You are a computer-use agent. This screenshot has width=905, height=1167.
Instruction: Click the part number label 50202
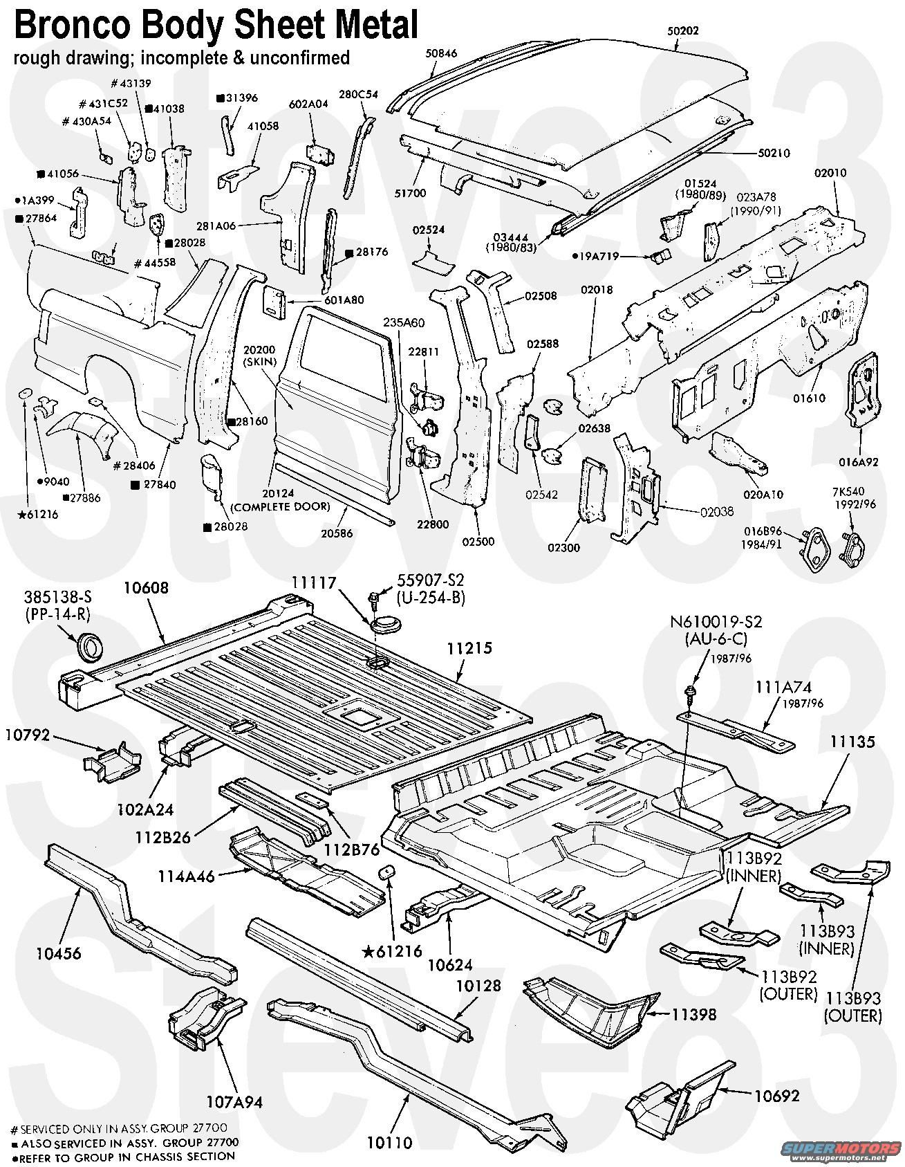click(683, 31)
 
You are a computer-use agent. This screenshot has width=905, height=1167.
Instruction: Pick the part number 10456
click(59, 953)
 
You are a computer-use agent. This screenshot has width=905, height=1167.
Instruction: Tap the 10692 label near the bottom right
click(776, 1096)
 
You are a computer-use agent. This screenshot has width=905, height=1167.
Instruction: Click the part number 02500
click(478, 542)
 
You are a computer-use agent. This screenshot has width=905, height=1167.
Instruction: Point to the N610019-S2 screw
click(689, 692)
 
